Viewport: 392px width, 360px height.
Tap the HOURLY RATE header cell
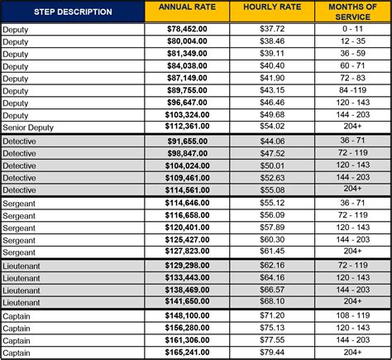click(x=272, y=12)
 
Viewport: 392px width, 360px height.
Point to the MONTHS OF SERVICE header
click(x=348, y=12)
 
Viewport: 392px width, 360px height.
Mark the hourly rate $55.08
click(x=272, y=190)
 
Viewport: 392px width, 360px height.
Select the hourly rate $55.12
click(x=272, y=202)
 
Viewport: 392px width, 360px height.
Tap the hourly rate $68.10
click(x=272, y=302)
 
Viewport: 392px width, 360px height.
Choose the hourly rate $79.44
click(x=272, y=352)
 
